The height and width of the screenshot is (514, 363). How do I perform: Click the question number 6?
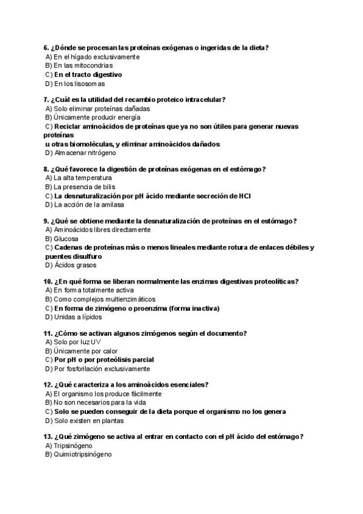[46, 48]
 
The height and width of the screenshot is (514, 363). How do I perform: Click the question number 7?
[46, 99]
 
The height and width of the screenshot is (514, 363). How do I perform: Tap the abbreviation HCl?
[245, 196]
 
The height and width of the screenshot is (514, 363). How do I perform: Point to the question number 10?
[48, 281]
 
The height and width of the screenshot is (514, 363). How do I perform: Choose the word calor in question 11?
[108, 351]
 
